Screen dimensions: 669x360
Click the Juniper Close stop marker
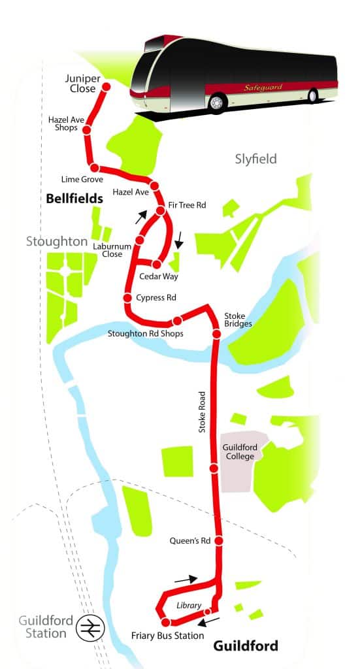106,87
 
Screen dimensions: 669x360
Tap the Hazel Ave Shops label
62,123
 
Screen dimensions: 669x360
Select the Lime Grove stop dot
95,167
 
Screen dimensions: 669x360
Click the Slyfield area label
255,159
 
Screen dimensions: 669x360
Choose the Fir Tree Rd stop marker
160,210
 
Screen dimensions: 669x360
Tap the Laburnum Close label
108,250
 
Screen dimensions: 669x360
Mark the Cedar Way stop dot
156,264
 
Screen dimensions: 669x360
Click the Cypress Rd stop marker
128,299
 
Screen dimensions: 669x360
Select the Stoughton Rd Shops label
145,334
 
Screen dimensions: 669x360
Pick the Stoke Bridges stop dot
216,334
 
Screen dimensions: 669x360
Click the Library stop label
189,606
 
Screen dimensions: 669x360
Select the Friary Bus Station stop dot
166,622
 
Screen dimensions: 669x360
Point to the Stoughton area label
57,241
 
